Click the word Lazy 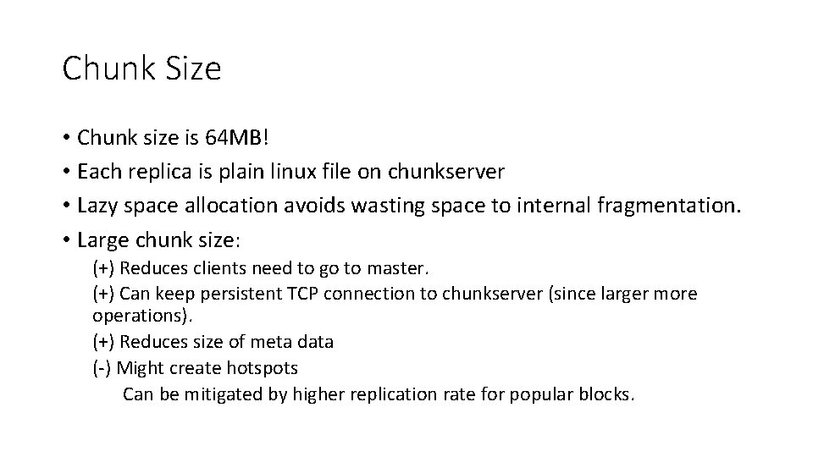tap(96, 206)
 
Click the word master tap(401, 269)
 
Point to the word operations tap(141, 316)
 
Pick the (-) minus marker tap(102, 367)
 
